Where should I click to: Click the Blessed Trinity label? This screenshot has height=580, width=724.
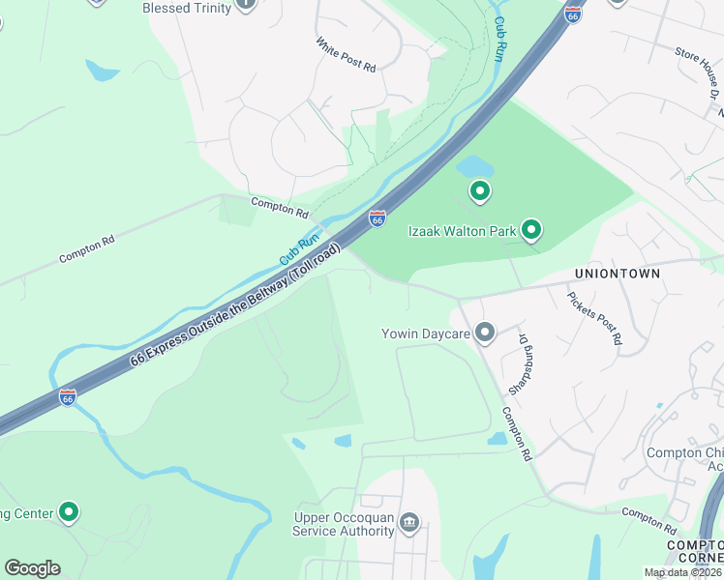[x=187, y=8]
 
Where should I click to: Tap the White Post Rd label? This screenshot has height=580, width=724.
[x=346, y=54]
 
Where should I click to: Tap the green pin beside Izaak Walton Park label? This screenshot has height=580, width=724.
[x=530, y=229]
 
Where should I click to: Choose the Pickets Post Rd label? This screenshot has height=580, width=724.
[x=593, y=318]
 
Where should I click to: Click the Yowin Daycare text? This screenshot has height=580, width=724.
[x=425, y=334]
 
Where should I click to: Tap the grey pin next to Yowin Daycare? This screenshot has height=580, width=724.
[x=485, y=333]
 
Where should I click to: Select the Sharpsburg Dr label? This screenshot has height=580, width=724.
[x=528, y=358]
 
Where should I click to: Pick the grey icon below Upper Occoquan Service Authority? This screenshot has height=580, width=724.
[x=409, y=523]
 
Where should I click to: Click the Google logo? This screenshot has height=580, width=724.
[x=32, y=568]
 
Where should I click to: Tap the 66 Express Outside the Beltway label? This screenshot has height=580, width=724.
[x=235, y=305]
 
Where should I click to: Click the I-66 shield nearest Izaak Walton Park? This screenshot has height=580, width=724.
[x=377, y=219]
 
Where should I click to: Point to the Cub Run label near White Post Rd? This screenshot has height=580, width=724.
[x=500, y=38]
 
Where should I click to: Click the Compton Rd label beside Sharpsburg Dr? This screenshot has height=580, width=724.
[x=518, y=432]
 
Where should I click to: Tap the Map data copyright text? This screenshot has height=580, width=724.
[x=682, y=572]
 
